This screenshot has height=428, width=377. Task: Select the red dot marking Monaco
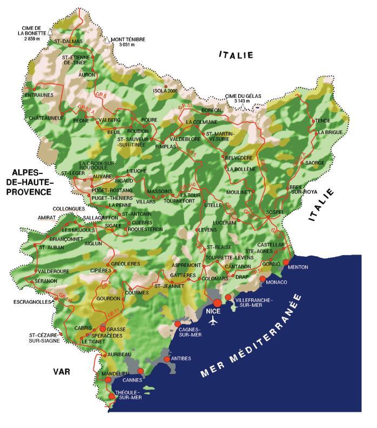pyautogui.click(x=262, y=279)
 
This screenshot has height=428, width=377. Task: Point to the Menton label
pyautogui.click(x=299, y=267)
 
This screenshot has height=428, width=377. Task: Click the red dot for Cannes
pyautogui.click(x=140, y=371)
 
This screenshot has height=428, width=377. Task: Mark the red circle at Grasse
pyautogui.click(x=103, y=329)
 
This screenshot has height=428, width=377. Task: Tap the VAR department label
pyautogui.click(x=62, y=371)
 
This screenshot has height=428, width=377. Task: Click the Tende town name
pyautogui.click(x=322, y=121)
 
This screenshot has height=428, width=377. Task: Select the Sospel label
pyautogui.click(x=275, y=212)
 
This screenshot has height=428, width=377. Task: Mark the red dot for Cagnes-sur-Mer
pyautogui.click(x=177, y=324)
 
